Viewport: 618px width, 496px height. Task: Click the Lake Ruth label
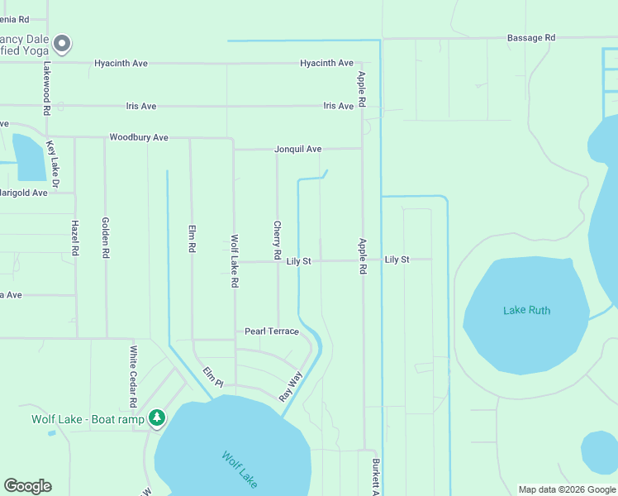(x=526, y=310)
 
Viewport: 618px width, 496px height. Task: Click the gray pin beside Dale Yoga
(x=62, y=43)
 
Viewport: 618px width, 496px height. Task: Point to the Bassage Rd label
(x=530, y=38)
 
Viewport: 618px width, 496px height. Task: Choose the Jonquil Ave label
(x=297, y=150)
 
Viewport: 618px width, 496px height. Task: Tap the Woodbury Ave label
(x=139, y=137)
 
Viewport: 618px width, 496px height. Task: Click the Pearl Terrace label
(x=271, y=331)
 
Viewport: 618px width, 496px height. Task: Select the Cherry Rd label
(x=278, y=240)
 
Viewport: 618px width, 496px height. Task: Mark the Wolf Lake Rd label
(x=235, y=260)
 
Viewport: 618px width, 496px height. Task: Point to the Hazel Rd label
(x=75, y=237)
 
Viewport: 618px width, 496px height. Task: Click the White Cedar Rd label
(x=133, y=376)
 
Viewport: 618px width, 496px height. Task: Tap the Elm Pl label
(x=213, y=377)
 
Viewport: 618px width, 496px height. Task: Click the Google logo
(x=27, y=486)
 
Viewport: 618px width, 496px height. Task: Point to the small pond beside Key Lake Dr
(x=31, y=157)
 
